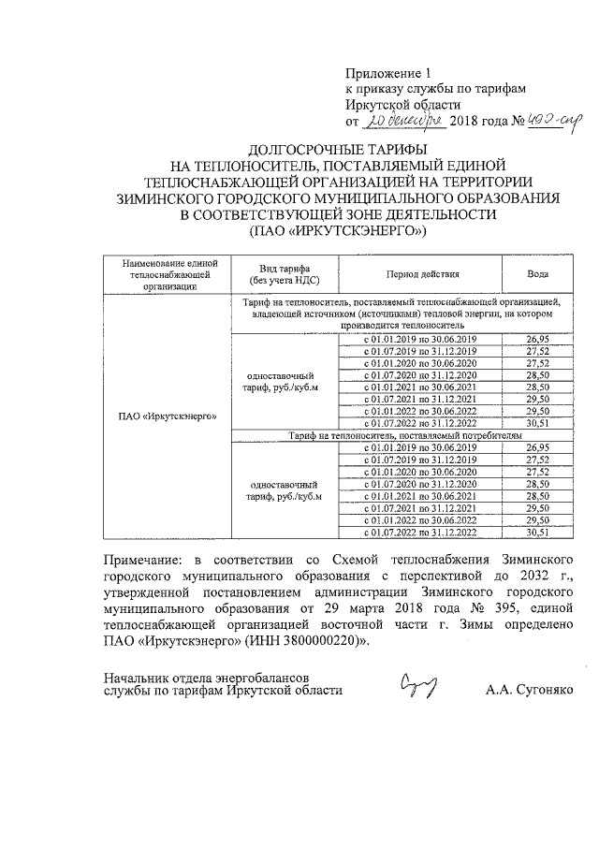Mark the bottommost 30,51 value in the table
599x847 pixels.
(x=537, y=533)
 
